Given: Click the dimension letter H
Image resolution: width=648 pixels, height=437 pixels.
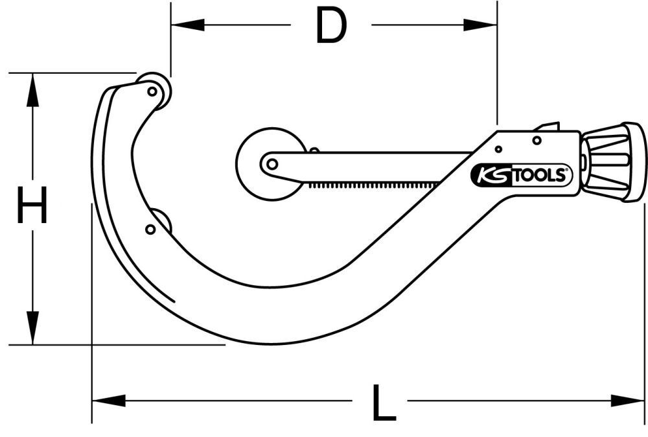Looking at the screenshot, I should (x=32, y=205).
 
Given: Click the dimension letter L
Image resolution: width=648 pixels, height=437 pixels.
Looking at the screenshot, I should (x=384, y=403).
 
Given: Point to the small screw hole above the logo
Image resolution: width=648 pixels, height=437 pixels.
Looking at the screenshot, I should (x=537, y=140).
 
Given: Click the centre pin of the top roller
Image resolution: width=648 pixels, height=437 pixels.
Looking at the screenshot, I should (x=152, y=91).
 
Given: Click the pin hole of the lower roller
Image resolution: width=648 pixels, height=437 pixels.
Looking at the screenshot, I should (x=150, y=229).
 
